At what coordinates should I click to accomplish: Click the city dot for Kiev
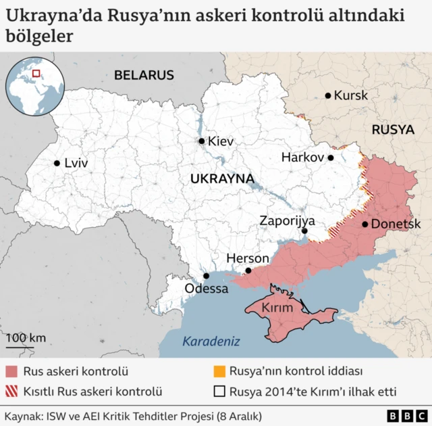coord(201,141)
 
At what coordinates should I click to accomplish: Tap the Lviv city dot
coord(57,162)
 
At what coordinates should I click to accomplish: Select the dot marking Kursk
coord(328,95)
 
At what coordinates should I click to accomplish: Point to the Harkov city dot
coord(331,158)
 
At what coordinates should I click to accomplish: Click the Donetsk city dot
coord(365,224)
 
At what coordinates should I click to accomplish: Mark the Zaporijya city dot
coord(305,231)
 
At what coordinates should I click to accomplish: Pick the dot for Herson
coord(248,270)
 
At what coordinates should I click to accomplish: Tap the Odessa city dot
coord(207,276)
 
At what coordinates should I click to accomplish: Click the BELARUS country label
coord(143,75)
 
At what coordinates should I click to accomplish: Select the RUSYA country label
coord(392,129)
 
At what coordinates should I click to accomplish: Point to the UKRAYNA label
coord(222,179)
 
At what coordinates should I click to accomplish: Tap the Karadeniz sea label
coord(211,341)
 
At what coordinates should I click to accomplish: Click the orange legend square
coord(219,371)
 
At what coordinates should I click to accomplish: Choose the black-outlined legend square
coord(219,391)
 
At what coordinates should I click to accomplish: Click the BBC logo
coord(404,415)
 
